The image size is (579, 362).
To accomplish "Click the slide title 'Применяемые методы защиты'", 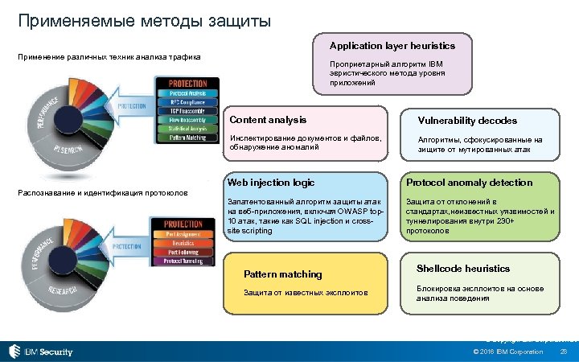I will pos(145,20).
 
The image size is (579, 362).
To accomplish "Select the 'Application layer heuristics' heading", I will pos(392,46).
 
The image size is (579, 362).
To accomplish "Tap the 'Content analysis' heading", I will pos(268,120).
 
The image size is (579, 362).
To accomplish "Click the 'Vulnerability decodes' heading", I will pos(466,121).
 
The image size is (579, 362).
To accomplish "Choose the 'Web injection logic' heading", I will pos(271,183).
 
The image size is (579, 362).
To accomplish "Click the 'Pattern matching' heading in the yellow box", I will pos(282,274).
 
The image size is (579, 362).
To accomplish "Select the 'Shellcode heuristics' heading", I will pos(462,269).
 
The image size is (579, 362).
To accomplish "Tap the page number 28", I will pos(563,352).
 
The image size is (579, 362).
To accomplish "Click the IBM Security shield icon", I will pos(14,352).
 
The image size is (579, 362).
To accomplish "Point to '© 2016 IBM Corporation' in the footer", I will pos(508,352).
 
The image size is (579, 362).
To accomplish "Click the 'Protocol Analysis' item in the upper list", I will pos(187,93).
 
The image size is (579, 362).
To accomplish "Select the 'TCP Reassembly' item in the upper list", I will pos(187,110).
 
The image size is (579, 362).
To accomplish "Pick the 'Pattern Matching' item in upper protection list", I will pos(187,137).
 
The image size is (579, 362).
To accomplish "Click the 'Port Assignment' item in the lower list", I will pos(183,235).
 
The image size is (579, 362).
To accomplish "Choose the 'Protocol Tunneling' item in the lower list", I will pos(183,261).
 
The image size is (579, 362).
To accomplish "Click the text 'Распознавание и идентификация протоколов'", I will pos(103,193).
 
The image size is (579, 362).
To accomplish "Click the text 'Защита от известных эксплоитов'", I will pos(306,293).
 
